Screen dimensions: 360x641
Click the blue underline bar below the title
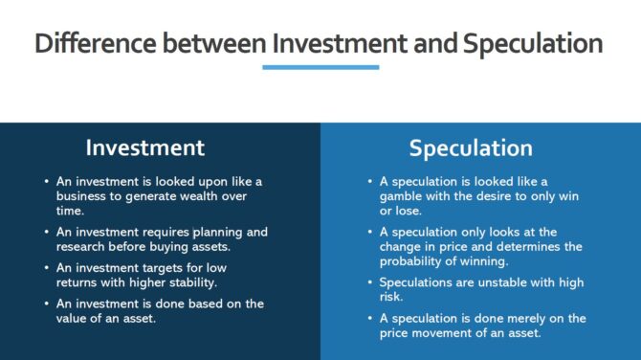point(320,67)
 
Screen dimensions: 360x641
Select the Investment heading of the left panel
point(144,147)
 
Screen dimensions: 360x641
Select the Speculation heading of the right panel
point(471,148)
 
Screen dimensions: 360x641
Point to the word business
point(80,195)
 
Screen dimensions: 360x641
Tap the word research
point(82,246)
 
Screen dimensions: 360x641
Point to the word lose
point(406,211)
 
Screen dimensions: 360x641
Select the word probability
point(410,260)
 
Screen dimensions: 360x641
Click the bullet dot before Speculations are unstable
point(370,282)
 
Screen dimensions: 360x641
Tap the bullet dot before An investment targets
point(47,268)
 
